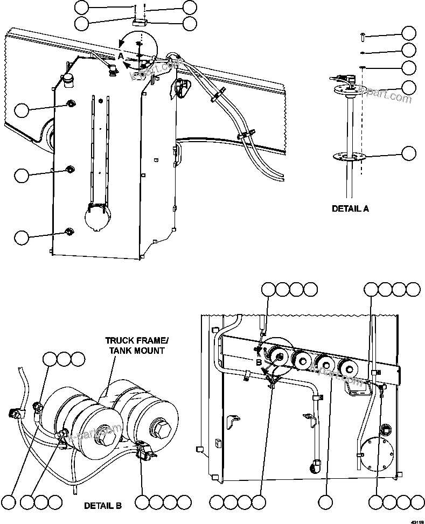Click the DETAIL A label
pyautogui.click(x=350, y=208)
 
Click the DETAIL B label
pyautogui.click(x=102, y=506)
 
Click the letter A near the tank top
pyautogui.click(x=121, y=56)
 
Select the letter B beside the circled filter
pyautogui.click(x=259, y=362)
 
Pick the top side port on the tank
pyautogui.click(x=70, y=103)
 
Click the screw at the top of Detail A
pyautogui.click(x=362, y=35)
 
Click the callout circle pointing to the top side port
pyautogui.click(x=22, y=110)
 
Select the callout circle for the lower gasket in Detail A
pyautogui.click(x=409, y=153)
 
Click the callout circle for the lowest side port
pyautogui.click(x=22, y=237)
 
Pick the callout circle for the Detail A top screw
pyautogui.click(x=409, y=33)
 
